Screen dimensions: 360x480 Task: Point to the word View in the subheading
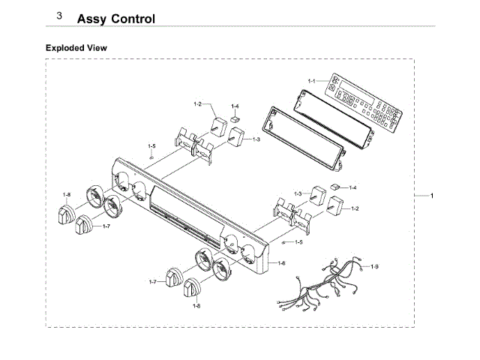(97, 47)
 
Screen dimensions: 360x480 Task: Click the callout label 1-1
(312, 79)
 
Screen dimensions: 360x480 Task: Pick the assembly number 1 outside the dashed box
(431, 196)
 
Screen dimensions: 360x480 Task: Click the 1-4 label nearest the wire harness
(352, 187)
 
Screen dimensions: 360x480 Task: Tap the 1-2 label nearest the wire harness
(355, 208)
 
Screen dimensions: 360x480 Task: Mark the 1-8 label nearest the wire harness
(197, 305)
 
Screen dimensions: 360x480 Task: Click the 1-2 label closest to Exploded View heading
(198, 104)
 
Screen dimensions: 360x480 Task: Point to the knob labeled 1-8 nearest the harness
(194, 289)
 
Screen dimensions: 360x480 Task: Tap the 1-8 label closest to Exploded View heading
(67, 195)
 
